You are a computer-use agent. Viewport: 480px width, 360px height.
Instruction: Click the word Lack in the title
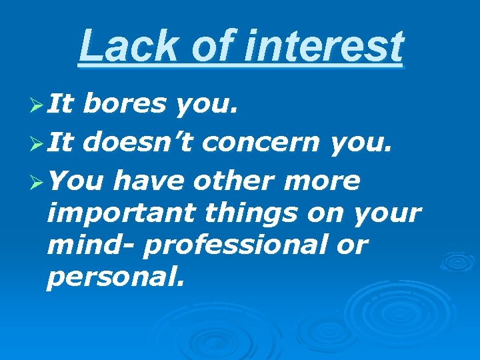click(x=117, y=47)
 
